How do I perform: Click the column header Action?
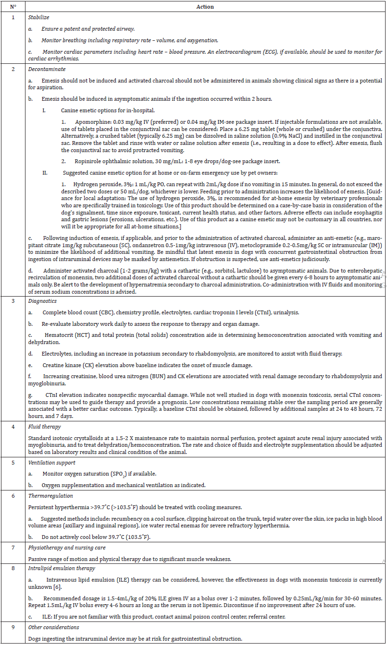205,7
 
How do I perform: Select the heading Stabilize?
38,17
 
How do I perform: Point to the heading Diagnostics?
42,301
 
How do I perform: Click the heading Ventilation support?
51,463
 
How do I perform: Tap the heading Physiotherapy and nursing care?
66,548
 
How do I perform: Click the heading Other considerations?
53,627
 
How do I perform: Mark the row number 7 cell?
13,548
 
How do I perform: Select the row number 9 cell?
13,627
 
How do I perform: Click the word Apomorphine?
90,122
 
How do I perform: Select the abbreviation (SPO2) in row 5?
120,474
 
